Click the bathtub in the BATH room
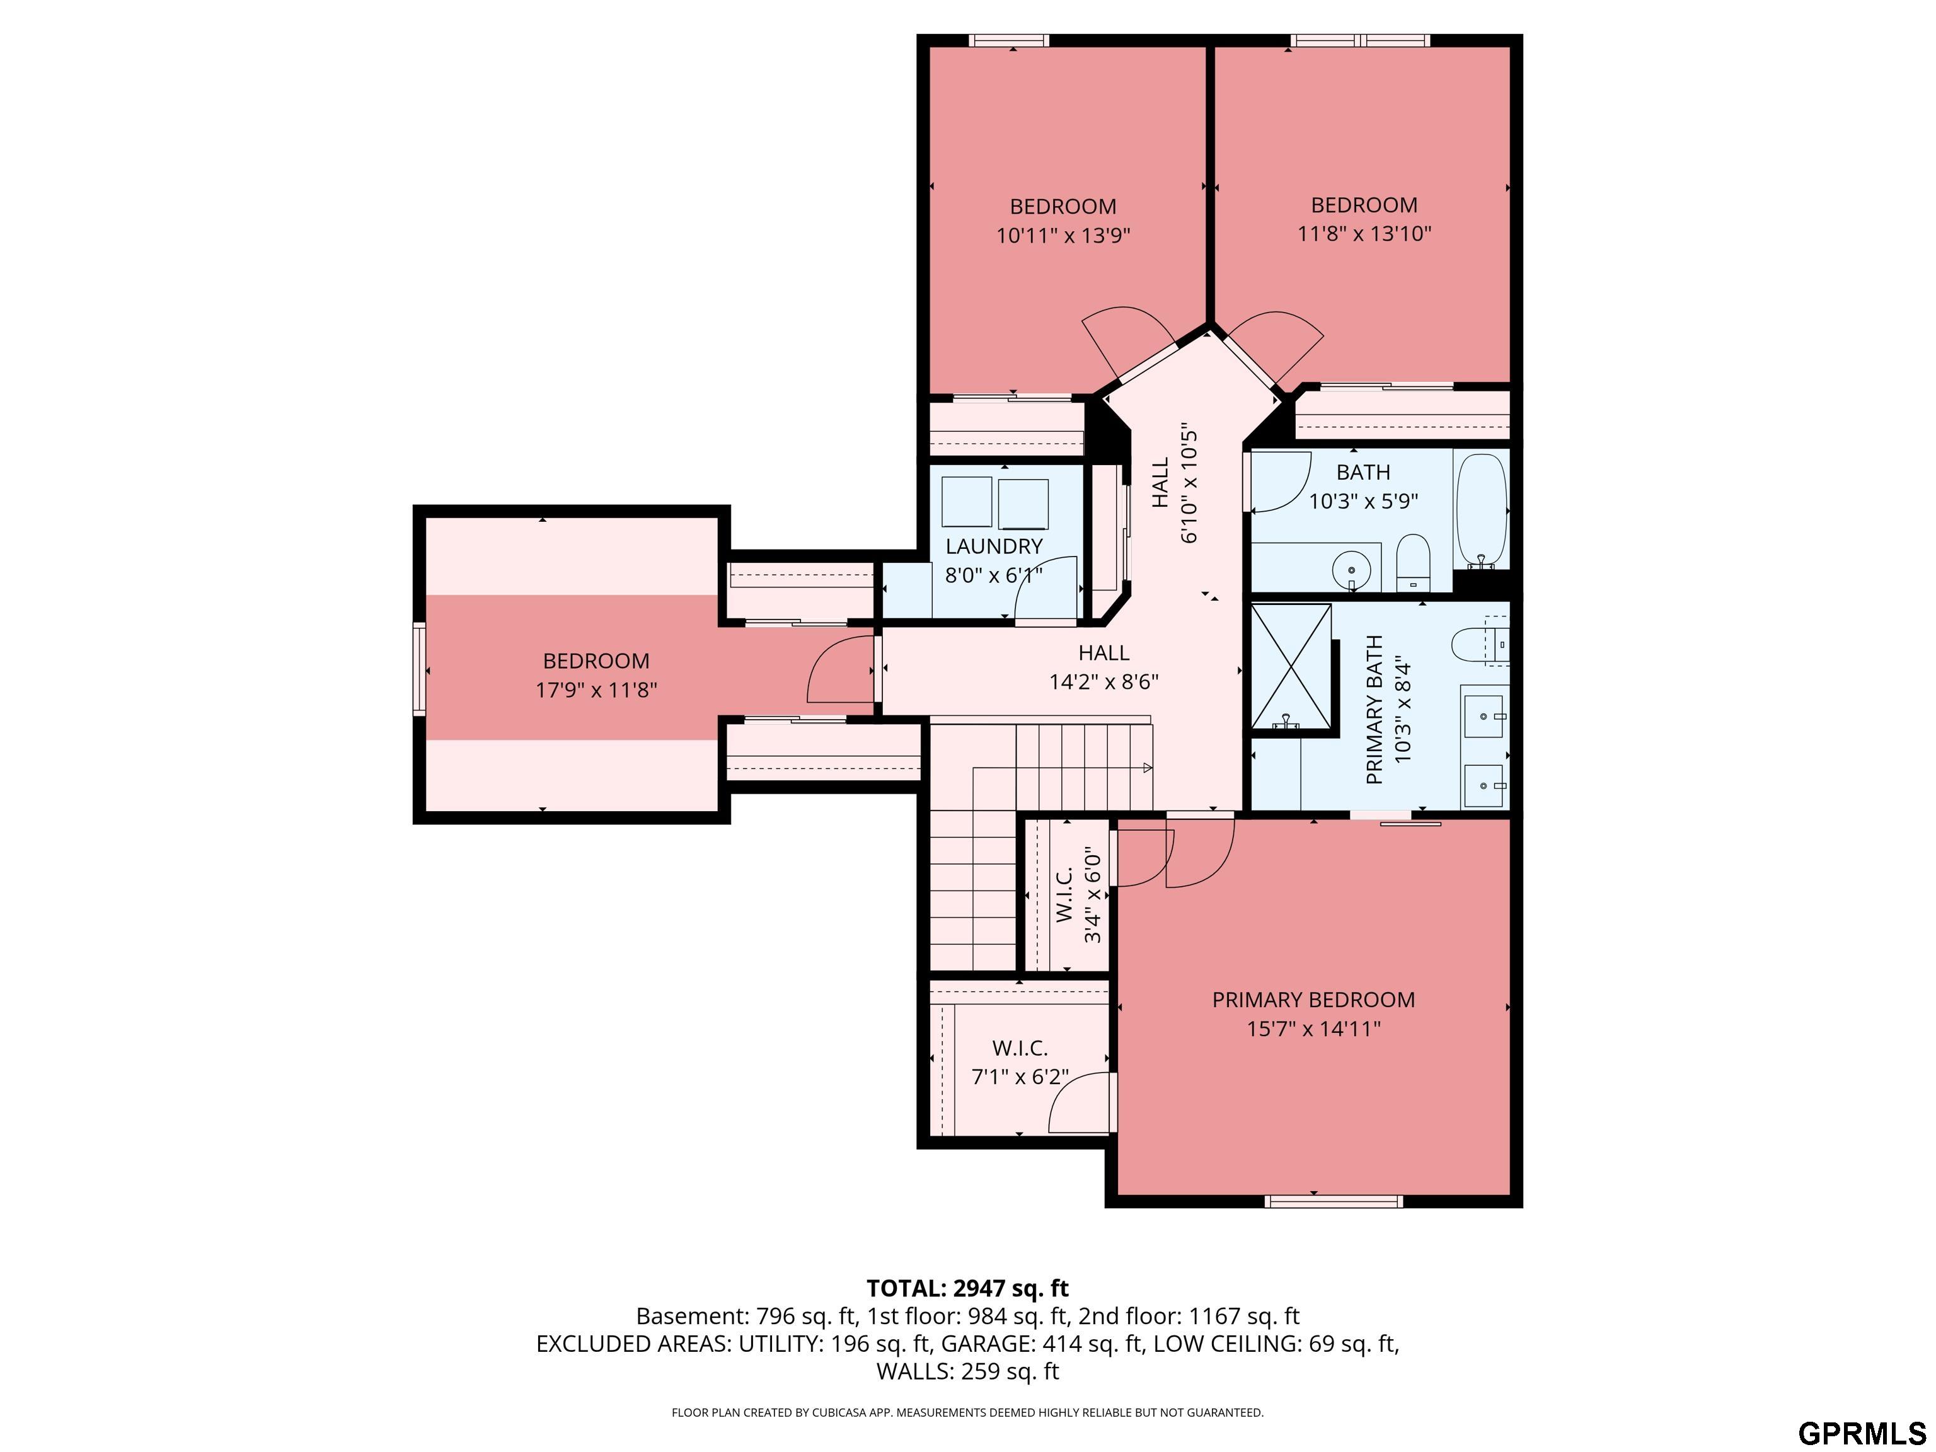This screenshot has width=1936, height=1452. click(x=1481, y=510)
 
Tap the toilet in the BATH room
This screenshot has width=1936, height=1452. click(x=1412, y=561)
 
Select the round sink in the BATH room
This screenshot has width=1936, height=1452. click(x=1351, y=570)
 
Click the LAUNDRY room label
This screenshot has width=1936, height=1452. click(x=994, y=546)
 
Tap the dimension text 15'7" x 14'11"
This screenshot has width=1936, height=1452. click(x=1313, y=1028)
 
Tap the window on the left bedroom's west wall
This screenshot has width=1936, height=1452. click(x=419, y=669)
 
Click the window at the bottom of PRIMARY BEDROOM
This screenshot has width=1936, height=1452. click(x=1334, y=1202)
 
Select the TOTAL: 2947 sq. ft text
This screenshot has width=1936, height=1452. click(x=967, y=1288)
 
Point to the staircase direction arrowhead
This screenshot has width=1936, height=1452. click(x=1148, y=768)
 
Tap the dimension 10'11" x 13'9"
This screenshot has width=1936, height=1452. click(x=1063, y=236)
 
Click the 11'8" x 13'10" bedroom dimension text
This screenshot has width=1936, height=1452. click(x=1364, y=234)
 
